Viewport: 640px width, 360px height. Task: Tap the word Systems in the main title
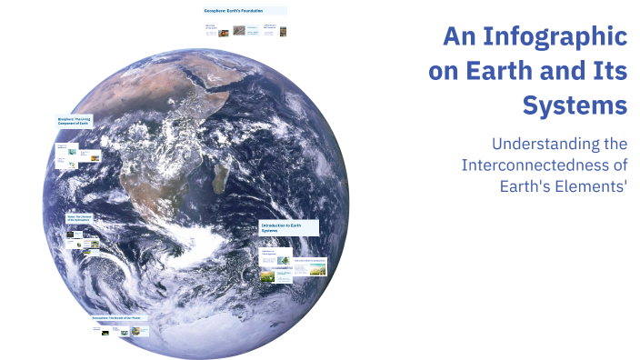click(x=575, y=105)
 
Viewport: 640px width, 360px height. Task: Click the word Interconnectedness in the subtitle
click(x=533, y=165)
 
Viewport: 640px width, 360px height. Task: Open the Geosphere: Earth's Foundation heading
click(x=244, y=11)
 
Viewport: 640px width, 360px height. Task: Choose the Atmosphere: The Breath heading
click(x=118, y=318)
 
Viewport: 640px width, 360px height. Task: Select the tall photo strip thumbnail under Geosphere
click(x=282, y=31)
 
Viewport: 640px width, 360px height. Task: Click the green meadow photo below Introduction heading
click(x=267, y=275)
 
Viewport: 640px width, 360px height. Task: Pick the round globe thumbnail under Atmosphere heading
click(x=135, y=332)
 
